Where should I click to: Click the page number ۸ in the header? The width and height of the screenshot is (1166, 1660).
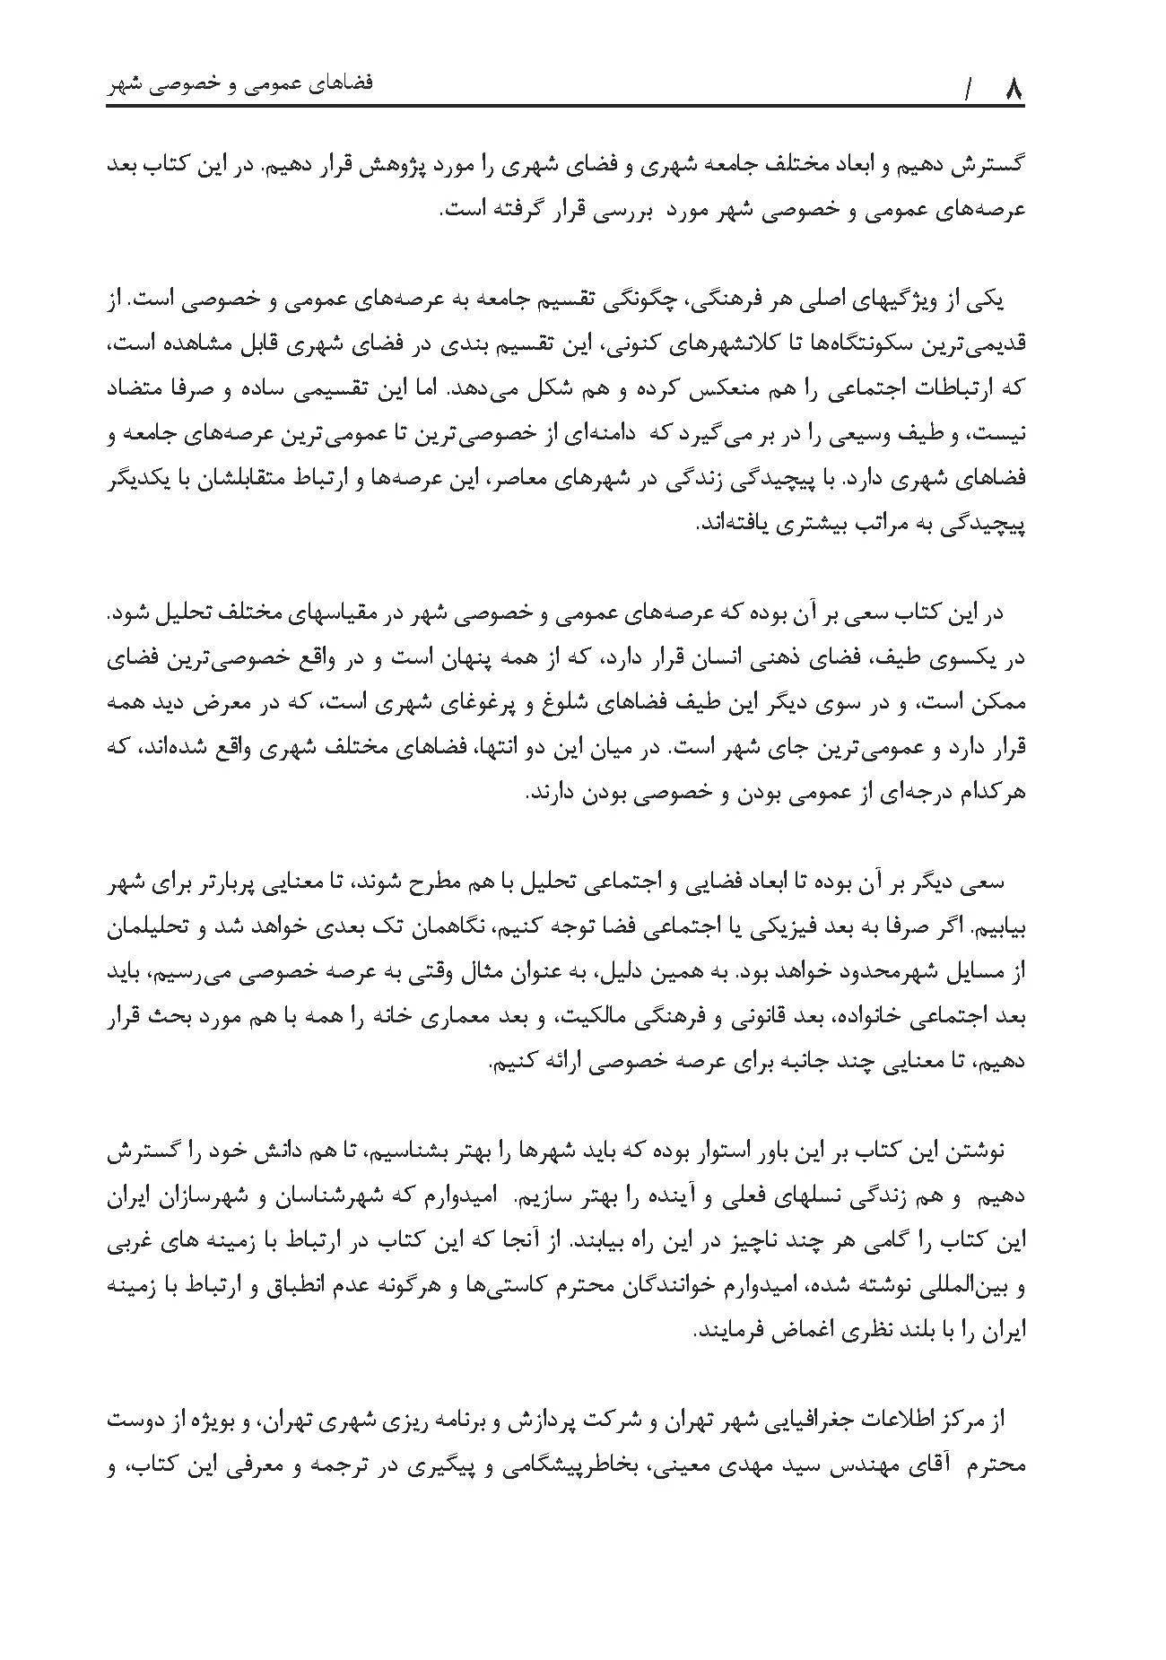(x=1014, y=89)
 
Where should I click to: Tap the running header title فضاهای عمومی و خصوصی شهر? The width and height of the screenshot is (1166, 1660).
(x=239, y=85)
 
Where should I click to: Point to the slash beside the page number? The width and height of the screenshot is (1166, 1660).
(x=969, y=90)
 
